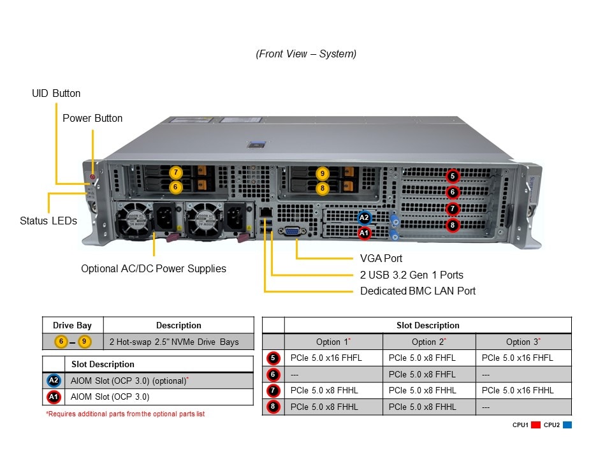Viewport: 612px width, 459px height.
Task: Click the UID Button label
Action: (x=56, y=93)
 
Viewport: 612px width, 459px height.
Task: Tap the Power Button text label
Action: (x=92, y=118)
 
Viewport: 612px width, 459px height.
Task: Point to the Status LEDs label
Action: (x=48, y=221)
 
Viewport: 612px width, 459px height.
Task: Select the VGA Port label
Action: (x=381, y=258)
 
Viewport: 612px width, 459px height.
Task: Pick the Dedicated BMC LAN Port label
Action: (x=418, y=291)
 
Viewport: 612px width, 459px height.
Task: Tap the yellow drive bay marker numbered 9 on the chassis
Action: (x=323, y=173)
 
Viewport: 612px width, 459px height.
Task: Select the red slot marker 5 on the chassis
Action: (x=452, y=176)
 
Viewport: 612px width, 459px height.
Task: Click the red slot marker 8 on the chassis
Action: (x=452, y=224)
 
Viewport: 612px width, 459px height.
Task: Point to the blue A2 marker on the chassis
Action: (x=364, y=218)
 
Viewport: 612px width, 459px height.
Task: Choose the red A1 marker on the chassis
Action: (x=364, y=233)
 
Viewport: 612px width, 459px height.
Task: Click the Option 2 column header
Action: (x=428, y=342)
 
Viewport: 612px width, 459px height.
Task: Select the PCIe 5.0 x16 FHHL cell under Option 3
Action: (x=518, y=390)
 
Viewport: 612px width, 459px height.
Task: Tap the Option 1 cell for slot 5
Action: (x=326, y=358)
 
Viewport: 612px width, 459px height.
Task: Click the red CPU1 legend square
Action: (x=535, y=425)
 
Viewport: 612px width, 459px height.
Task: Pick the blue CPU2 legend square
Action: (x=567, y=425)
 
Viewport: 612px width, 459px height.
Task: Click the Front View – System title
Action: (x=306, y=54)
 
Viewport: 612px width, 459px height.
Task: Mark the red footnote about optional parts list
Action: (x=125, y=414)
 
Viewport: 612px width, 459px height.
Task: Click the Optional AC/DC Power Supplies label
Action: (x=154, y=268)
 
